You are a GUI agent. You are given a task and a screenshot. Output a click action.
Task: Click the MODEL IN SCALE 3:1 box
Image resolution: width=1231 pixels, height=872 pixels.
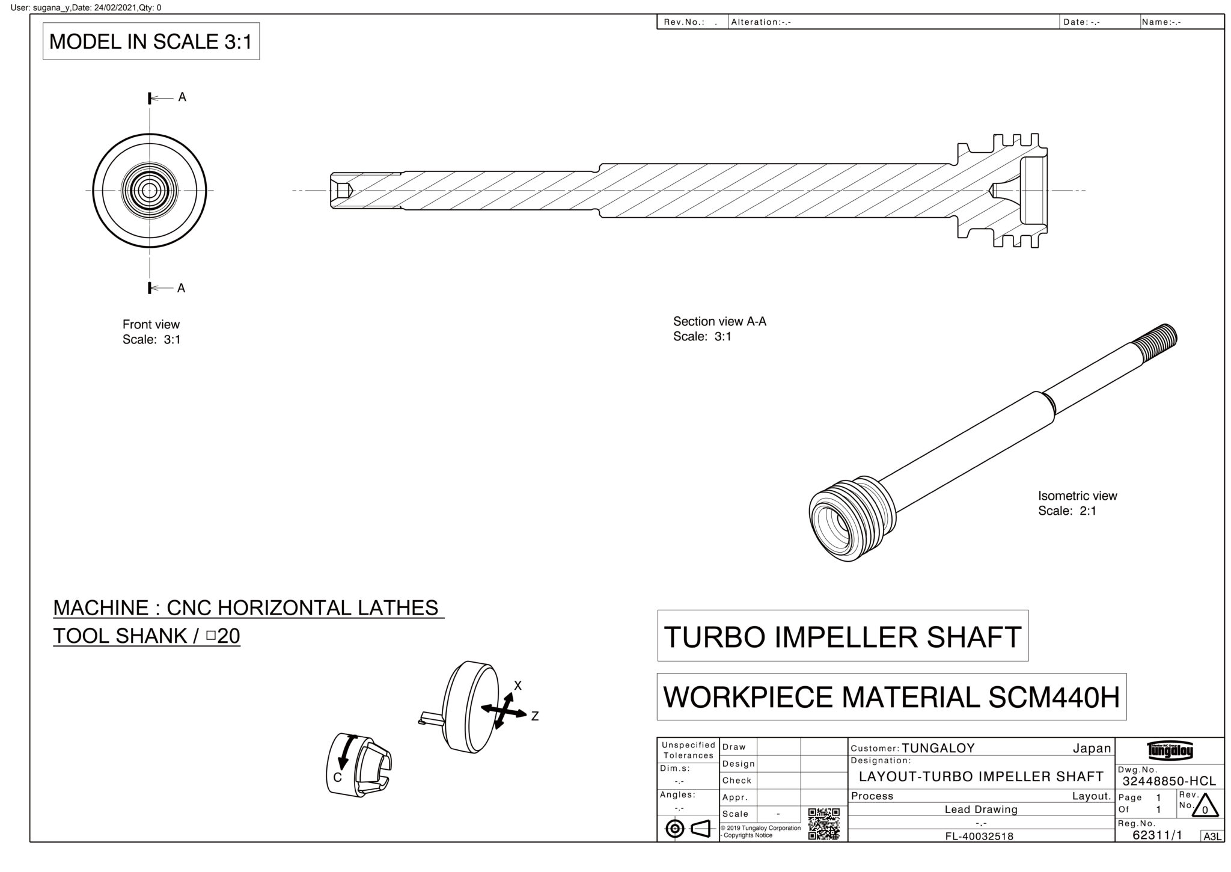tap(150, 41)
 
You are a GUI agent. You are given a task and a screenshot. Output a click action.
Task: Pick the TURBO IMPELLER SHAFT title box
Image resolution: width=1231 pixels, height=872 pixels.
tap(842, 637)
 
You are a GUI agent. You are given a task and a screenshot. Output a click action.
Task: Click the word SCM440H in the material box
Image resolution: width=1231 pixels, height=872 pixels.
tap(1054, 698)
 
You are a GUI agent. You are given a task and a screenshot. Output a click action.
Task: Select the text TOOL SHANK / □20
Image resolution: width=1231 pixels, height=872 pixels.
tap(147, 636)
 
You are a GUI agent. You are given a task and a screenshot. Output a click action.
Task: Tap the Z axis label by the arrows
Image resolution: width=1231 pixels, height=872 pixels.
tap(534, 716)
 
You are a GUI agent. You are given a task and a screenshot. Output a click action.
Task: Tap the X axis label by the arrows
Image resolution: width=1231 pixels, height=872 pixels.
tap(518, 686)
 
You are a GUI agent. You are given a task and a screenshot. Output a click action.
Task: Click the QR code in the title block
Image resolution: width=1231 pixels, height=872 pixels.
tap(823, 823)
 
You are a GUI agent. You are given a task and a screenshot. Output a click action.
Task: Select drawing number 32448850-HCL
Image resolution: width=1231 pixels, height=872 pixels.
tap(1169, 781)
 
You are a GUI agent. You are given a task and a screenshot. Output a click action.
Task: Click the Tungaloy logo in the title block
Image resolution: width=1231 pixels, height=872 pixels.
tap(1170, 751)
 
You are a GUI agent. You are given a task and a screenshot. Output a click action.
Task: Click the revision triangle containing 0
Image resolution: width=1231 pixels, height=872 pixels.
tap(1204, 806)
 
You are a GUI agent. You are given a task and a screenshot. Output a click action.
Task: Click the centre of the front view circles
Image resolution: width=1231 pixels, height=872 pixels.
tap(149, 191)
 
